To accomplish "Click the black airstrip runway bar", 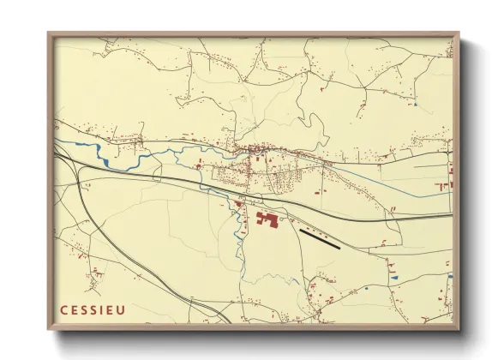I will point(320,237).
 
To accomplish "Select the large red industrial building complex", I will point(267,220).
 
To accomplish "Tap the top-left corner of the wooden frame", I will point(50,34).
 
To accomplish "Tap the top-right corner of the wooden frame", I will point(458,34).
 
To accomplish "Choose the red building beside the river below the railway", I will point(237,204).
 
